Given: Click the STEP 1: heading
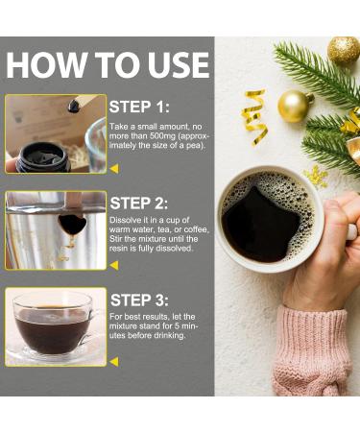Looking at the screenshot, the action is [x=139, y=107].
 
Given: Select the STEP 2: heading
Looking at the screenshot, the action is [x=139, y=204].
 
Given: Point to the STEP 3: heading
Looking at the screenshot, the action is [x=139, y=300].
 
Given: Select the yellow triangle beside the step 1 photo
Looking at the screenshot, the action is [x=114, y=168].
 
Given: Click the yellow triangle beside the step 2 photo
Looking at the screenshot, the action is [x=114, y=265].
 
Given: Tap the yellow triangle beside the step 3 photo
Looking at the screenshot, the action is [x=114, y=361].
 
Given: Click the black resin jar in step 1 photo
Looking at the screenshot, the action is [x=41, y=157].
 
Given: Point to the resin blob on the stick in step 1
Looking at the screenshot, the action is [x=74, y=106].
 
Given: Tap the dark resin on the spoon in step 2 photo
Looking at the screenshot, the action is [x=72, y=224].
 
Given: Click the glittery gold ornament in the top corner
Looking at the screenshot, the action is [x=344, y=51].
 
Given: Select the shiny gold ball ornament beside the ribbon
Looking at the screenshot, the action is [x=294, y=107].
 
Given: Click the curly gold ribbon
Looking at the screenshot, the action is [x=255, y=117].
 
